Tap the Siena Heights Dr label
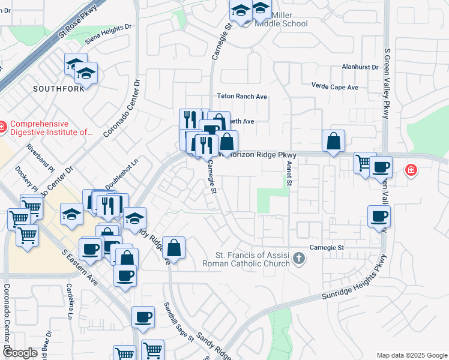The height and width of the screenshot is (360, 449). coord(107,33)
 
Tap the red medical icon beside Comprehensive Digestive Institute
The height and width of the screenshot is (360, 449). coord(2,127)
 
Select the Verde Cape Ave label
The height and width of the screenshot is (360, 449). coord(334,87)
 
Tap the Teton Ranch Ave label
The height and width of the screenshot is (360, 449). coord(242,96)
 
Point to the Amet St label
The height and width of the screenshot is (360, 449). coord(289,172)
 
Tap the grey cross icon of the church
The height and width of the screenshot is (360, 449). coord(299,260)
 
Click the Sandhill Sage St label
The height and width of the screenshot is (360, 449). coord(179,322)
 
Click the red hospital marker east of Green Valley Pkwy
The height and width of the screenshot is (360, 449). coord(411,170)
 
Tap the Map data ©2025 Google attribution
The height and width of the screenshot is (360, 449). coord(411,355)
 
